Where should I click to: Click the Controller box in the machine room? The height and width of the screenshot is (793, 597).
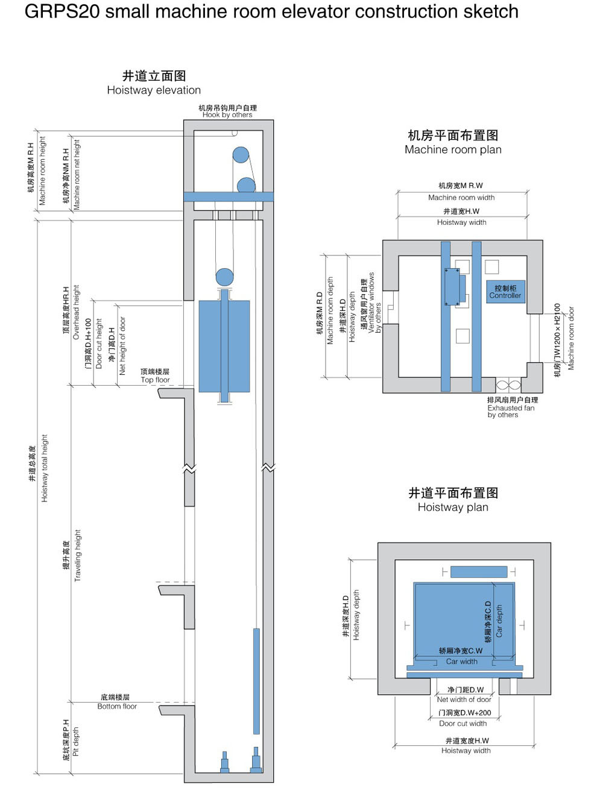click(x=505, y=292)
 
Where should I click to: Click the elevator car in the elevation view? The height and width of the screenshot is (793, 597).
click(x=224, y=346)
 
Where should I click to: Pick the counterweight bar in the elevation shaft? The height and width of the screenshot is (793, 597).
click(x=256, y=681)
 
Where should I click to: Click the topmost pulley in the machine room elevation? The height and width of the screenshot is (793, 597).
click(x=241, y=155)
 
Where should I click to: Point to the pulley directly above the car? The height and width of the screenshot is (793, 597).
click(x=224, y=277)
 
